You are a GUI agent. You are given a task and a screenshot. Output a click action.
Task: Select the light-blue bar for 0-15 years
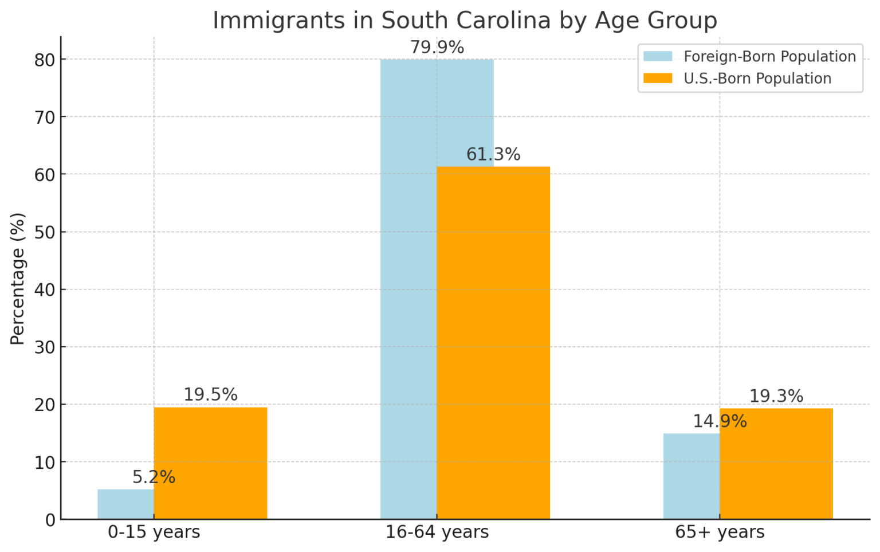click(125, 504)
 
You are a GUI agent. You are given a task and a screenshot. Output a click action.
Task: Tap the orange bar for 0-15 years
click(210, 463)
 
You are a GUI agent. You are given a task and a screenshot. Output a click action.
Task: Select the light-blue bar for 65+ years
click(691, 476)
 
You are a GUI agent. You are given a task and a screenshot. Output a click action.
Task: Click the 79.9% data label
click(437, 48)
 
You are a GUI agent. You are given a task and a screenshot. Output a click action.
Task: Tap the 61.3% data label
click(493, 155)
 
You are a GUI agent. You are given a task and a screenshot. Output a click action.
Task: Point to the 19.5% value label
click(210, 395)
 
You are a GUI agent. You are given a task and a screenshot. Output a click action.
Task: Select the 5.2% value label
click(154, 477)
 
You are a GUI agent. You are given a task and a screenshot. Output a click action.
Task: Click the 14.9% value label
click(720, 422)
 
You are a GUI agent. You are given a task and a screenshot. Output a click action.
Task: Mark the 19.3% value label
click(776, 397)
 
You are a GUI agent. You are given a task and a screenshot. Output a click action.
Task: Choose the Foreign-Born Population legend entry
click(769, 57)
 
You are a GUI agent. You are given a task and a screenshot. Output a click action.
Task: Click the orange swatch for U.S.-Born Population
click(657, 79)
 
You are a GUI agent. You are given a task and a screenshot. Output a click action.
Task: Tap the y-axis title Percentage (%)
click(18, 279)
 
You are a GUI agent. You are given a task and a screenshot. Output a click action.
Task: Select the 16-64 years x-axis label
click(437, 532)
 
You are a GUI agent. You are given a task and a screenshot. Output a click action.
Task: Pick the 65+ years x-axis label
click(720, 532)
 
